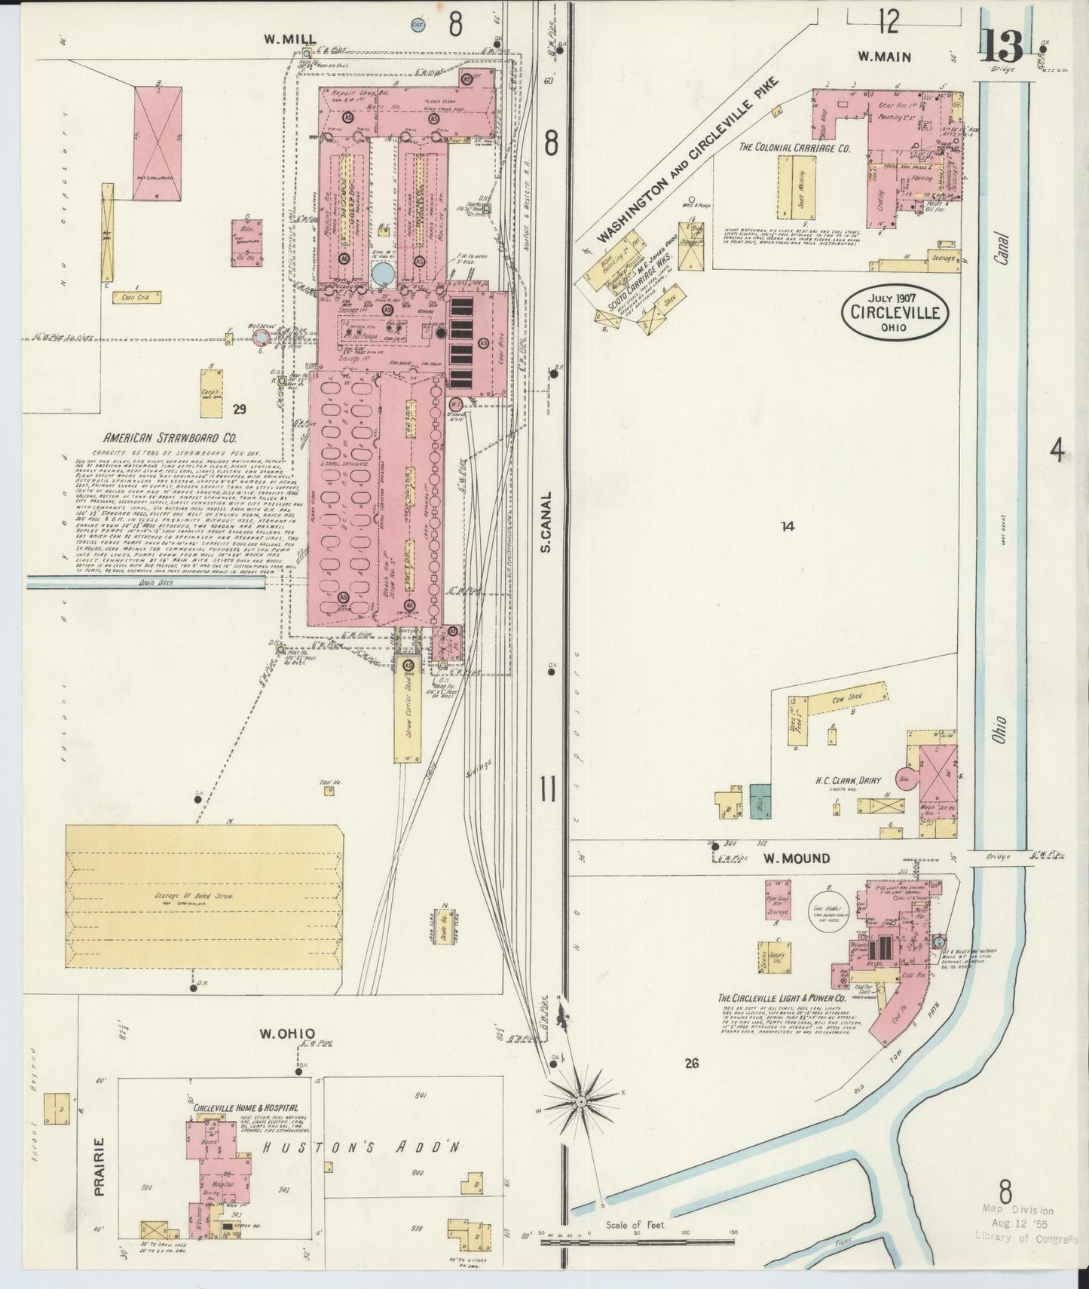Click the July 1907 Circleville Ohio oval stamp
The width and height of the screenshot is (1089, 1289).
pyautogui.click(x=895, y=311)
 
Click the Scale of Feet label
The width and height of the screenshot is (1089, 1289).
pyautogui.click(x=636, y=1225)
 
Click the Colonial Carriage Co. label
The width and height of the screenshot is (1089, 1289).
pyautogui.click(x=794, y=148)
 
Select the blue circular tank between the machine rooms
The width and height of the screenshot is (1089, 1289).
pyautogui.click(x=382, y=272)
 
